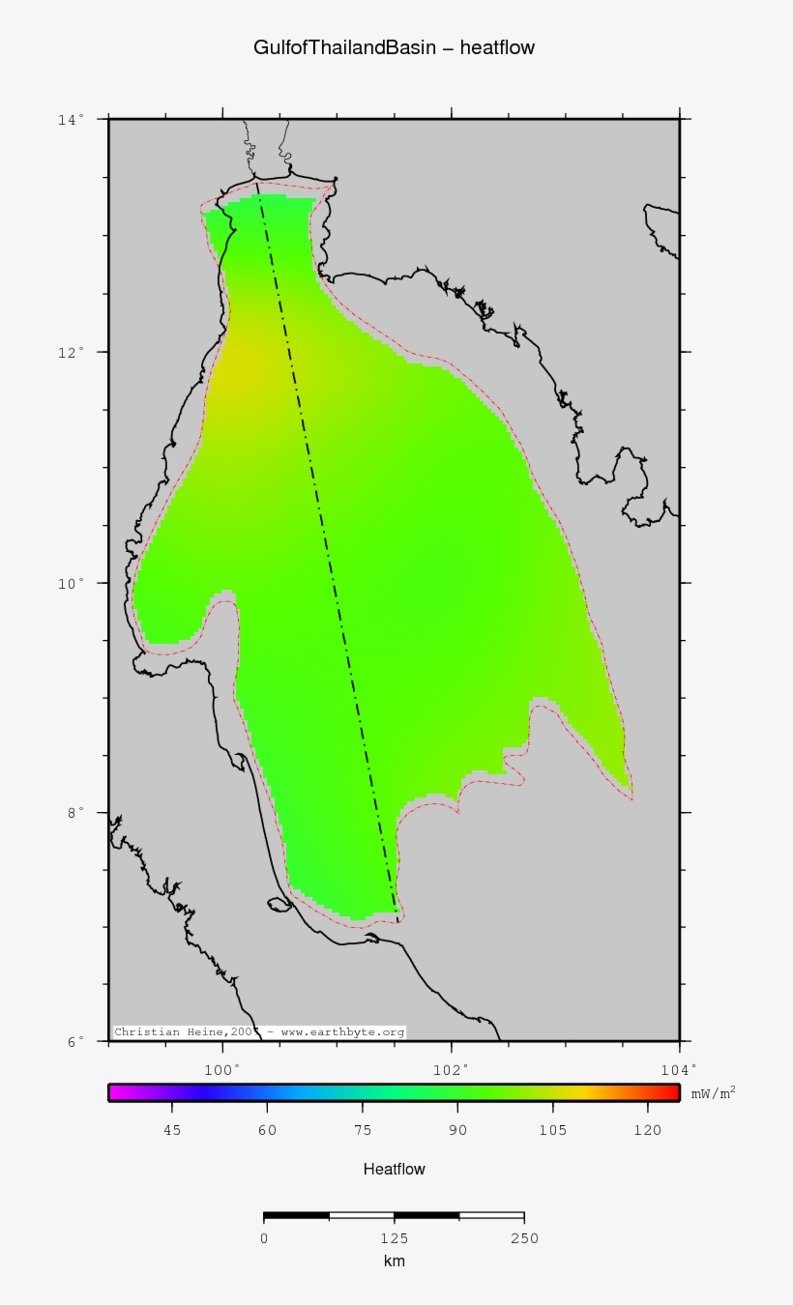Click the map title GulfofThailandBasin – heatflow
394,47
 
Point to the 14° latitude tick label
70,119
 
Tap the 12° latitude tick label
70,352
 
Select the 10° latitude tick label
70,583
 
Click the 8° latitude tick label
73,813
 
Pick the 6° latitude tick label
73,1041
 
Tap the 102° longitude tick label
451,1068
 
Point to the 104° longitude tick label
679,1068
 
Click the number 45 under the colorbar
172,1130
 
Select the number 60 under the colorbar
267,1130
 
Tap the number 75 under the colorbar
363,1130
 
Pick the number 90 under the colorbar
457,1130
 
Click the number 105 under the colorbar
553,1130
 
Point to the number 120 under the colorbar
648,1130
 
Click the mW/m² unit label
713,1092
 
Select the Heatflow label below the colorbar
394,1169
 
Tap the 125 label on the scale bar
394,1238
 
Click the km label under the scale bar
394,1261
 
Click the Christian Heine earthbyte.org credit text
259,1032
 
